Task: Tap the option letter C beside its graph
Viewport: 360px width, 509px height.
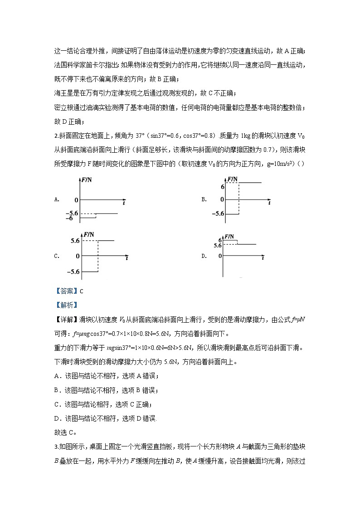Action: point(56,256)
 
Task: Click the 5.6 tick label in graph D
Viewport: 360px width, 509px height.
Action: point(217,245)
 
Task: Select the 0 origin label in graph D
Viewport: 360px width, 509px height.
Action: point(220,256)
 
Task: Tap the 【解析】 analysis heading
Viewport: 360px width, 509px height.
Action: point(66,305)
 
